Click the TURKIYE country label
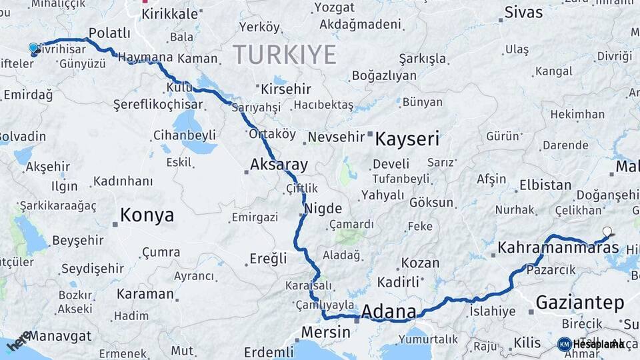click(x=285, y=55)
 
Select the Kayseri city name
click(x=407, y=139)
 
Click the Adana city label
click(x=389, y=312)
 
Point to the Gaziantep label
click(x=580, y=303)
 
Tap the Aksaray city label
click(x=279, y=165)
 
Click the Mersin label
click(x=325, y=332)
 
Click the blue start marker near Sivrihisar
click(x=34, y=49)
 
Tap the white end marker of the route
click(x=607, y=232)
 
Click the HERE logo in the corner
click(x=19, y=339)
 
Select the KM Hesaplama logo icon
click(x=564, y=344)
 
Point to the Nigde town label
click(x=323, y=208)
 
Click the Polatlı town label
click(x=109, y=33)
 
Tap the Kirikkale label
click(x=169, y=14)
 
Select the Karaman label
click(x=145, y=293)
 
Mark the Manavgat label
click(x=60, y=335)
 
